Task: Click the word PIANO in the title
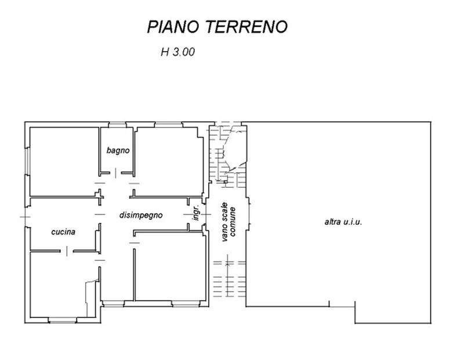(x=173, y=27)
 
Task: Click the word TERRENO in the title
(x=246, y=27)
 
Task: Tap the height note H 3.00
(x=177, y=52)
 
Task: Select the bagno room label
(x=118, y=151)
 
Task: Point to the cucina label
(x=63, y=232)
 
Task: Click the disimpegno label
(x=141, y=215)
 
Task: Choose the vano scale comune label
(x=229, y=221)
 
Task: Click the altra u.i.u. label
(x=343, y=222)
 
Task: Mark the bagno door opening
(x=115, y=173)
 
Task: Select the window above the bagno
(x=117, y=125)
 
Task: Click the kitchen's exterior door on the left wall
(x=26, y=217)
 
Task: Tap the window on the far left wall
(x=27, y=161)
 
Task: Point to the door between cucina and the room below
(x=67, y=251)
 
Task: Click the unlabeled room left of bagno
(x=64, y=162)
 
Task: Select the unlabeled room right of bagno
(x=169, y=162)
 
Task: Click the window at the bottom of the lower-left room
(x=63, y=321)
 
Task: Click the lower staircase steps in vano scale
(x=230, y=279)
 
